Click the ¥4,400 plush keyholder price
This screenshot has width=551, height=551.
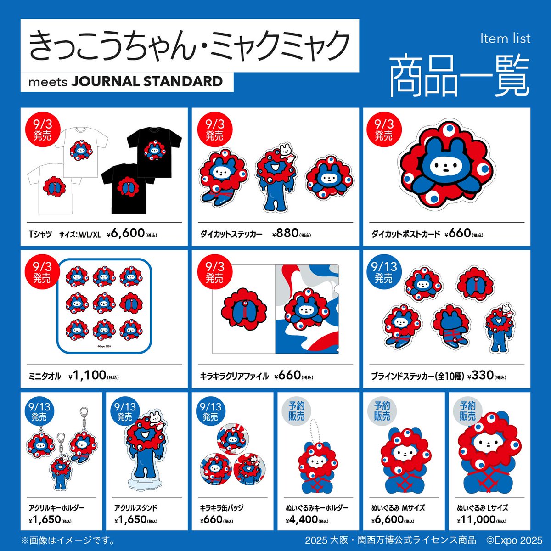(x=302, y=519)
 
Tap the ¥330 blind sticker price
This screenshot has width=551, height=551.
(x=482, y=376)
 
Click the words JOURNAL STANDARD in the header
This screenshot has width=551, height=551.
(x=147, y=81)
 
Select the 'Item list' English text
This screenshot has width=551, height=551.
(x=505, y=39)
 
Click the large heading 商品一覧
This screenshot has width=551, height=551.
(x=459, y=76)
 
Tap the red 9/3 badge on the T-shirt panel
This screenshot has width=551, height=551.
(x=42, y=129)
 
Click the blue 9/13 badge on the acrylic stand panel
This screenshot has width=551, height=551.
(x=125, y=411)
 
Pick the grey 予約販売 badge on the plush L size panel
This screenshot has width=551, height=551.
(x=467, y=411)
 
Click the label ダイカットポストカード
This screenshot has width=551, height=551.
(x=405, y=234)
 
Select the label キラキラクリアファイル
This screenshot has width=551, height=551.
(x=234, y=376)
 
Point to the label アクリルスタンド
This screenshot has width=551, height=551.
(x=135, y=508)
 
